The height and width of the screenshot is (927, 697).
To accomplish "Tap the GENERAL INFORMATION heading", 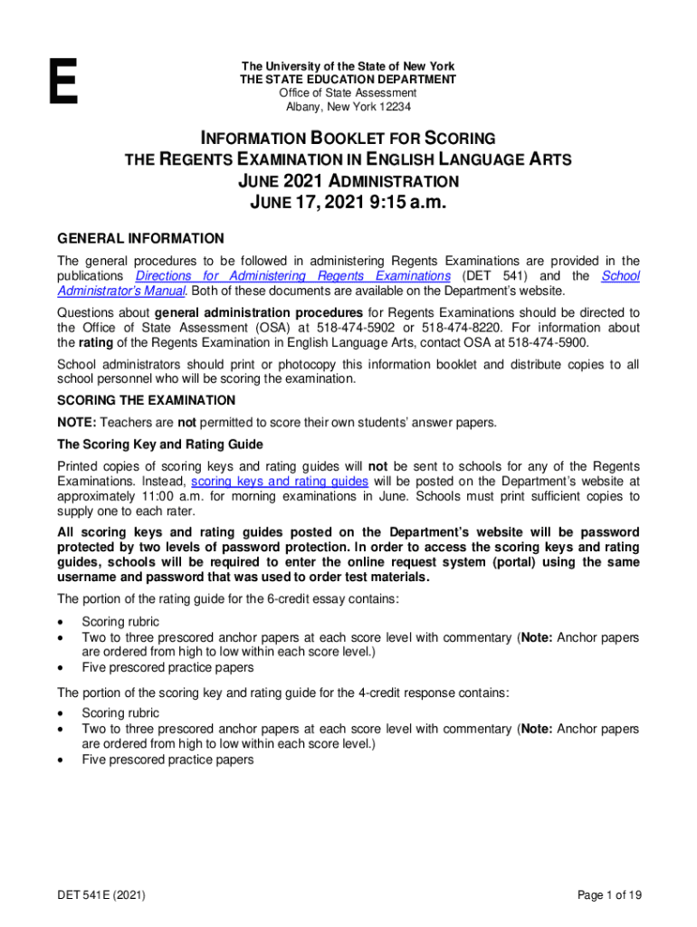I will pyautogui.click(x=140, y=239).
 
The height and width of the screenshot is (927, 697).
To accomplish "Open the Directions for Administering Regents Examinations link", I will pyautogui.click(x=292, y=276).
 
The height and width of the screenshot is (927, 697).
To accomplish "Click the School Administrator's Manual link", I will pyautogui.click(x=620, y=276).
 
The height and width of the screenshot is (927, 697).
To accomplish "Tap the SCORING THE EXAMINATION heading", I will pyautogui.click(x=147, y=400).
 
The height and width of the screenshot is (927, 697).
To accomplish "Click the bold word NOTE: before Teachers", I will pyautogui.click(x=77, y=423).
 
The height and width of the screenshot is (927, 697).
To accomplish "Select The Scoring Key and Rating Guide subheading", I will pyautogui.click(x=160, y=444).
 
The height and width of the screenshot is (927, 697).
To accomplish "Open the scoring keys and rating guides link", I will pyautogui.click(x=280, y=482).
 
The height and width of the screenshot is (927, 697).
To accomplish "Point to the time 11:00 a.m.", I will pyautogui.click(x=152, y=497).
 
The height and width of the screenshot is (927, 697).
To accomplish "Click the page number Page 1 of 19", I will pyautogui.click(x=609, y=895).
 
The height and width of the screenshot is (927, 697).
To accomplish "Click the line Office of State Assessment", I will pyautogui.click(x=348, y=93).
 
